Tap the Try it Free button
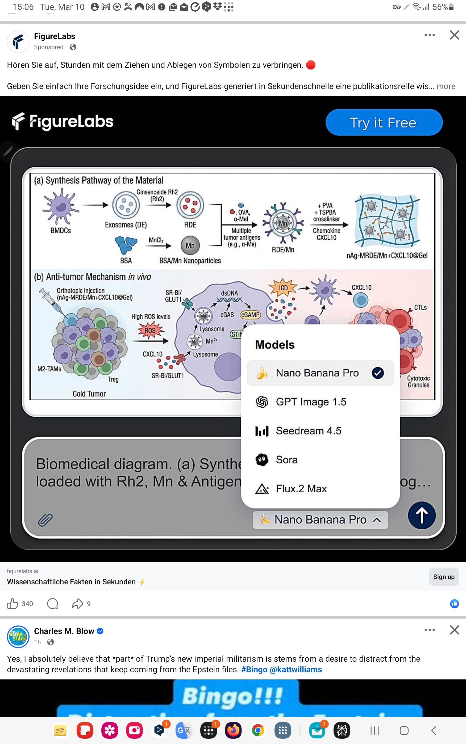point(384,122)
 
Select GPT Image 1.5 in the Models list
point(311,402)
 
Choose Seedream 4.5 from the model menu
point(308,431)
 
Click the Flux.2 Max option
point(301,488)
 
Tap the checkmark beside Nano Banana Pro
point(377,373)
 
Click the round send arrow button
point(421,515)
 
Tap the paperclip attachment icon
point(45,520)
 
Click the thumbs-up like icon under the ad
point(13,604)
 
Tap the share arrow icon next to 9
point(77,604)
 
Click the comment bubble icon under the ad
point(52,604)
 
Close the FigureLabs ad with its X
point(454,35)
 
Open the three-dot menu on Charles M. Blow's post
point(429,630)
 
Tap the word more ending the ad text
point(446,86)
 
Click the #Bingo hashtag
point(254,670)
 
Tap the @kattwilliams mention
point(296,670)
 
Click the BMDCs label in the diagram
point(61,231)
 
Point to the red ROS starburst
point(150,330)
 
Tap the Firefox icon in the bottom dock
point(233,730)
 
